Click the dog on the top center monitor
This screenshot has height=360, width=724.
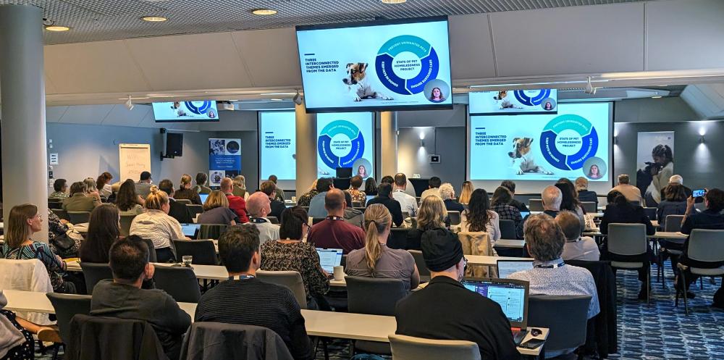point(358,81)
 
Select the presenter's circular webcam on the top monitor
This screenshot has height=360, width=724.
point(437,91)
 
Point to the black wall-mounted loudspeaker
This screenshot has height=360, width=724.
point(173,144)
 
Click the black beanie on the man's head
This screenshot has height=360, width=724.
point(442,248)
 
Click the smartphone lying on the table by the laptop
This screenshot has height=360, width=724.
point(534,332)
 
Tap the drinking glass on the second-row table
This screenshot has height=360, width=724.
point(188,260)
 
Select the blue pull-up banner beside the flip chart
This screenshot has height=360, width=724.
point(224,161)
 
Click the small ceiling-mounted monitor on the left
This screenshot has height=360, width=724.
point(185,109)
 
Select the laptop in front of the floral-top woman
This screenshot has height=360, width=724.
point(329,258)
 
